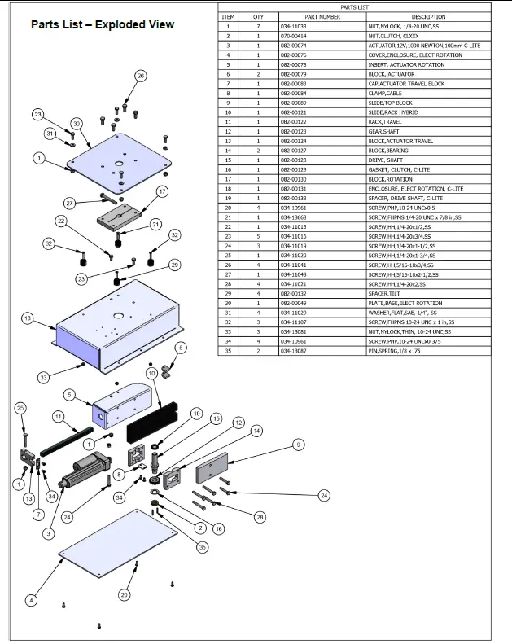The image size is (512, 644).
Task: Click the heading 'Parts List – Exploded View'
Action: click(103, 24)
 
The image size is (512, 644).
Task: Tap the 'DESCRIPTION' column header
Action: click(428, 16)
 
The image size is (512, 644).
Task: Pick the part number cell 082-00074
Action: click(294, 46)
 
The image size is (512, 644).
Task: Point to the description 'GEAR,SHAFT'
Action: click(384, 131)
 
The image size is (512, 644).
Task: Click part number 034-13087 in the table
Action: click(294, 351)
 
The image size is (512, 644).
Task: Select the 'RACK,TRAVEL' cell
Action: click(387, 122)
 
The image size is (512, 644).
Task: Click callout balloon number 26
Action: click(140, 77)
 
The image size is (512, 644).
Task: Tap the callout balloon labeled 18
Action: click(28, 319)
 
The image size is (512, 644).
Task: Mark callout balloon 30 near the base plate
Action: click(76, 124)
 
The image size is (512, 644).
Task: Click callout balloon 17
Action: click(162, 191)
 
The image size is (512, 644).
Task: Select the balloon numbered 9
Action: click(299, 445)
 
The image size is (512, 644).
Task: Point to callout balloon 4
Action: click(31, 601)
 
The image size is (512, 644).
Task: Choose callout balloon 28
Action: click(260, 517)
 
